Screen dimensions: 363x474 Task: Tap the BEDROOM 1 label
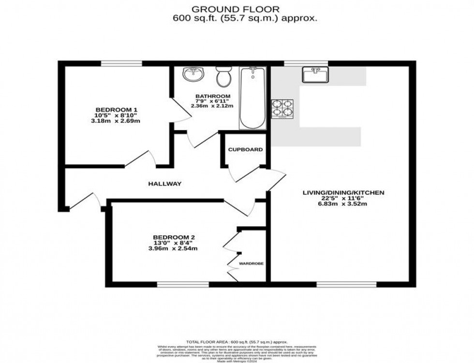coord(116,110)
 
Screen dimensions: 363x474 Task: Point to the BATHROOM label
coord(213,96)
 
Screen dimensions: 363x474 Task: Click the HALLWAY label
coord(164,184)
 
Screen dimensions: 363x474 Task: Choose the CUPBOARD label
coord(245,150)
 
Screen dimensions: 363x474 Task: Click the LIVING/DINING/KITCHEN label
coord(343,193)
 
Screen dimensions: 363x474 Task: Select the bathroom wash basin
coord(194,75)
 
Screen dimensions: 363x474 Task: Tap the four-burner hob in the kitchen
coord(282,109)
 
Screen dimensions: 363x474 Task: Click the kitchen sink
coord(315,75)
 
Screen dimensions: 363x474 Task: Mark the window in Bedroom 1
coord(121,63)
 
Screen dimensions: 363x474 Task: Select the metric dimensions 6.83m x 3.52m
coord(343,203)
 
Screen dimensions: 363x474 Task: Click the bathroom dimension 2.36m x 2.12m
coord(212,106)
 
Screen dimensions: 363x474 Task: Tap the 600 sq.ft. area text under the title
coord(245,19)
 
